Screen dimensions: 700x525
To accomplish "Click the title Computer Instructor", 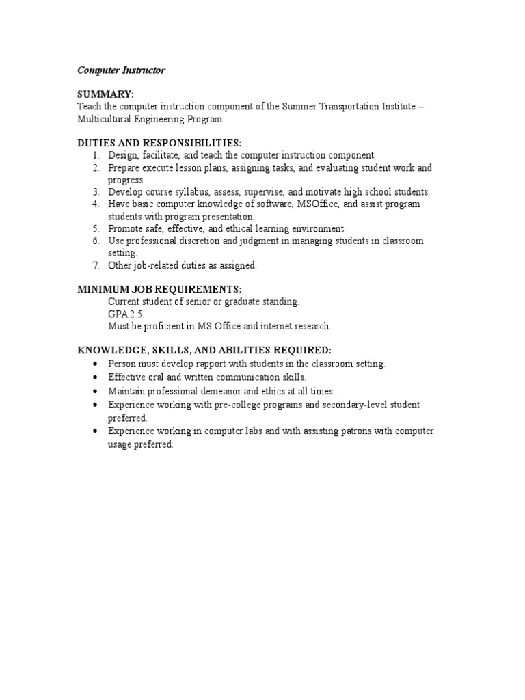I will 120,70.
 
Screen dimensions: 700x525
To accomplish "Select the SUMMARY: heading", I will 105,93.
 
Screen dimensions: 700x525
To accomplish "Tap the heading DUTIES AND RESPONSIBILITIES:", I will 159,142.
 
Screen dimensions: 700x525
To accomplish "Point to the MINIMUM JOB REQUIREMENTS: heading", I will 159,289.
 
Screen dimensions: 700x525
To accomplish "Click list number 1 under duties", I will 96,155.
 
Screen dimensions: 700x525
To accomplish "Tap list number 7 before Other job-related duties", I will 96,265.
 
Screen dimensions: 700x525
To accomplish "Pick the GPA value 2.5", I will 139,314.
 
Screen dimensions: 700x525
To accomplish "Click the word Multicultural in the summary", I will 105,118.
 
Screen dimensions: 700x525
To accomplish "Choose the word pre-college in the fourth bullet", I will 222,405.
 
